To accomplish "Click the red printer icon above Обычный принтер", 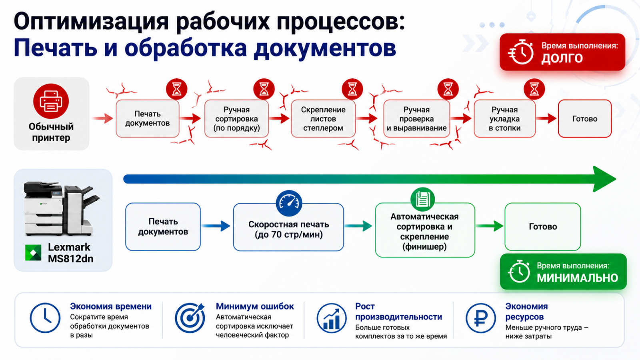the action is tap(51, 101).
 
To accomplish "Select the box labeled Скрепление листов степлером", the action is tap(323, 118).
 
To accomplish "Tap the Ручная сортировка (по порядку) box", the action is tap(236, 118).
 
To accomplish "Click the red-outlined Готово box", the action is tap(584, 118).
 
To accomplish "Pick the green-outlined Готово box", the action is tap(542, 226).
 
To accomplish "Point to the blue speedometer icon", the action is tap(289, 203).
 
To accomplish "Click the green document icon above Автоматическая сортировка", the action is tap(422, 199).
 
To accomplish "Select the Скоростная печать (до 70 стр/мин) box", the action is tap(288, 227).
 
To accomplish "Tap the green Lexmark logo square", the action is tap(33, 252).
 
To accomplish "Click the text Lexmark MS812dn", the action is tap(70, 253).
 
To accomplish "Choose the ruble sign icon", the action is tap(480, 318).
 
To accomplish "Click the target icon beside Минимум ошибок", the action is tap(190, 318).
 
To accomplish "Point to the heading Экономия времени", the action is tap(111, 306).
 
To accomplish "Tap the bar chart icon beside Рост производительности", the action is tap(332, 318).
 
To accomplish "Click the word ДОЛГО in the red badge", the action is tap(562, 58).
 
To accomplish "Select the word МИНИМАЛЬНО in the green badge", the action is tap(578, 278).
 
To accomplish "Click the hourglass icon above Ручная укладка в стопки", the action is tap(534, 89).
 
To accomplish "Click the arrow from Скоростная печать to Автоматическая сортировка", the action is tap(358, 226).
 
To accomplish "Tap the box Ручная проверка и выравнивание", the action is tap(416, 118).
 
